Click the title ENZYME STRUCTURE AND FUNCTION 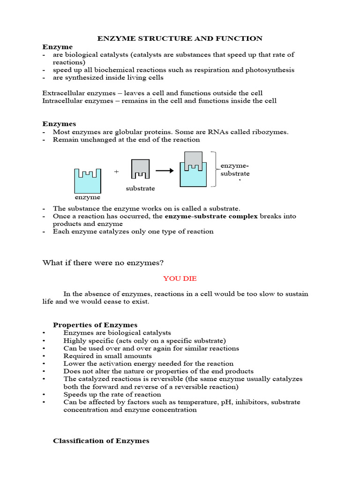pos(180,38)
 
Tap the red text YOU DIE pos(180,278)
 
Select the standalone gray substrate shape pos(141,169)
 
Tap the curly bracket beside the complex pos(214,169)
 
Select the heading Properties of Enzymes pos(95,325)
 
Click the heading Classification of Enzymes pos(101,441)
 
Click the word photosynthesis pos(270,70)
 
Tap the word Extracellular pos(63,93)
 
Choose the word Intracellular pos(62,101)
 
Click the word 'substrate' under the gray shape pos(140,188)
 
